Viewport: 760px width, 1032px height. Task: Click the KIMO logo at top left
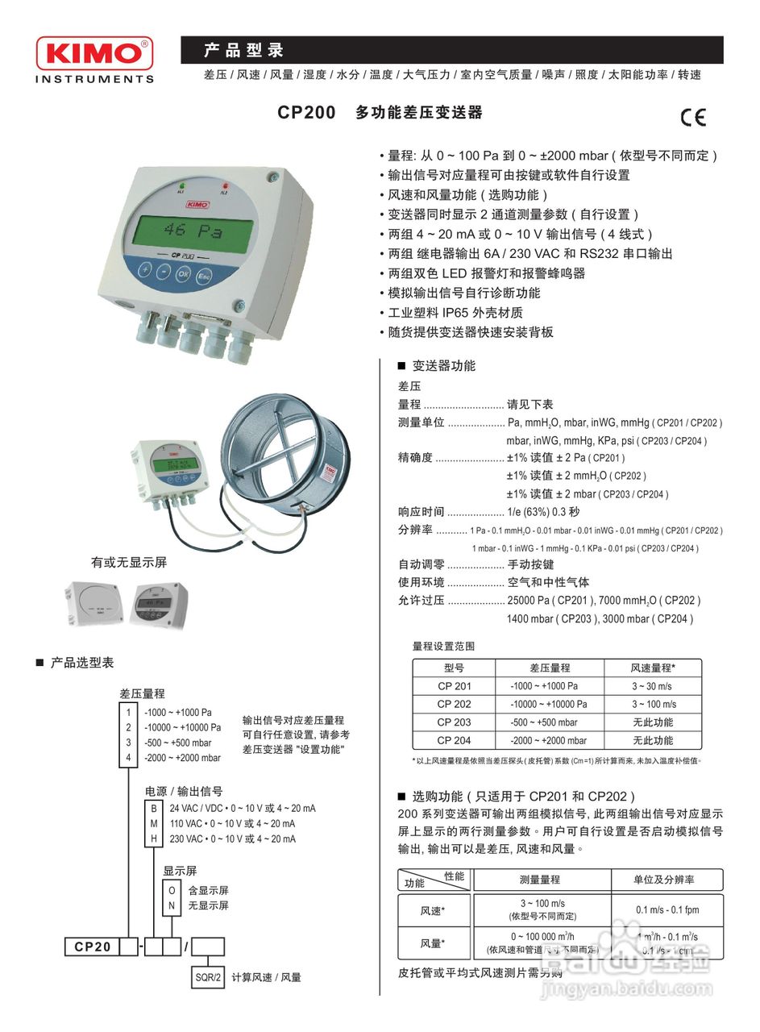(x=93, y=55)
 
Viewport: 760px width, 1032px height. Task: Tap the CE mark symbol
(x=692, y=118)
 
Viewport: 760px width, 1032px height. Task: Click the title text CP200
(x=306, y=113)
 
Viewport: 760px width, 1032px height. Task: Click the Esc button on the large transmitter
(x=204, y=274)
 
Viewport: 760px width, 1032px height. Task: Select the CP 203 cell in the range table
(x=454, y=722)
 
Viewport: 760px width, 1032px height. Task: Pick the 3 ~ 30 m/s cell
(x=652, y=686)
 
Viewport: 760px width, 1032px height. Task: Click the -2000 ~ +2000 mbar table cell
(x=549, y=740)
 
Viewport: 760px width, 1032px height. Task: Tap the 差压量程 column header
(x=549, y=668)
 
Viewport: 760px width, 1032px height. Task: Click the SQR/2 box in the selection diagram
(x=206, y=977)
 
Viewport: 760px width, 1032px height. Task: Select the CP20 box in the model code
(x=92, y=947)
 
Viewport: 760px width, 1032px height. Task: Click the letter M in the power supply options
(x=154, y=823)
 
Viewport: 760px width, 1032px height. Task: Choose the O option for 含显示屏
(x=171, y=890)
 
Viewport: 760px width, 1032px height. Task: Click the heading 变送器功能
(x=444, y=366)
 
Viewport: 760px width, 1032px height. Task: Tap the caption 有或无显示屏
(x=128, y=562)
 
